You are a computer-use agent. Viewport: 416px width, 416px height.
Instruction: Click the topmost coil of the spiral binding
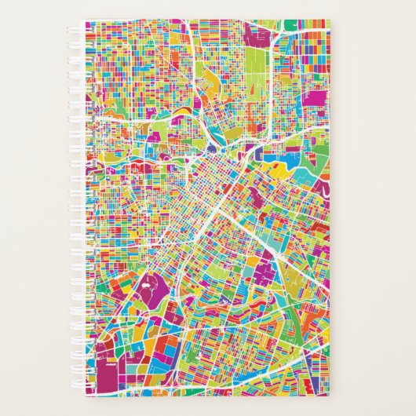(85, 26)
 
